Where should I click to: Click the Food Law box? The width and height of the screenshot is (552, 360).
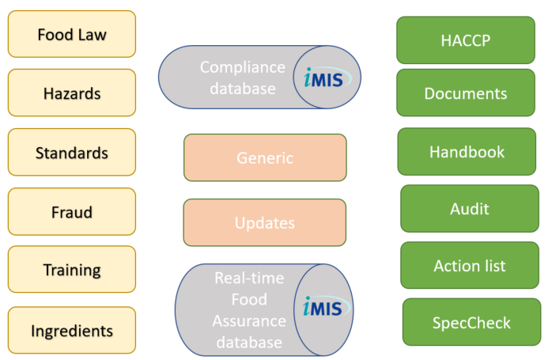[x=72, y=34]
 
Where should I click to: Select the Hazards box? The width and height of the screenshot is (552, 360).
[x=72, y=93]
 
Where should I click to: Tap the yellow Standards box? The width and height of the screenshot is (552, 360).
[x=72, y=152]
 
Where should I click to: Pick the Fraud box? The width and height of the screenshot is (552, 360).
[x=72, y=211]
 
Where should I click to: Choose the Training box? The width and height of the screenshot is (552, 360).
[x=72, y=270]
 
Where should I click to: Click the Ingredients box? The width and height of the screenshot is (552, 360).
[x=72, y=330]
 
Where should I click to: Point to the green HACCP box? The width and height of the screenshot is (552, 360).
[x=466, y=40]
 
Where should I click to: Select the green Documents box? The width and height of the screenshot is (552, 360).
[x=466, y=93]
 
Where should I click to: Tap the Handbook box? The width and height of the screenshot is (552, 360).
[x=467, y=151]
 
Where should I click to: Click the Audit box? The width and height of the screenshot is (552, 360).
[x=470, y=209]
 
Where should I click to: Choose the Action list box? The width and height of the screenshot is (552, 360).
[x=470, y=265]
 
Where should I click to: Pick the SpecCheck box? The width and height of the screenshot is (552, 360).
[x=472, y=322]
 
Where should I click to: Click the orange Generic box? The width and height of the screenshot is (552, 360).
[x=265, y=157]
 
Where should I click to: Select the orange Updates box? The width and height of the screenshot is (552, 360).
[x=265, y=222]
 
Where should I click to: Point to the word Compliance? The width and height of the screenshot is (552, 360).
[x=243, y=67]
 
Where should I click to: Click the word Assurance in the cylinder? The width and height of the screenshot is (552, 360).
[x=249, y=321]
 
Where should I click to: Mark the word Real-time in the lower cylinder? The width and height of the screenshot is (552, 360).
[x=249, y=278]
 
